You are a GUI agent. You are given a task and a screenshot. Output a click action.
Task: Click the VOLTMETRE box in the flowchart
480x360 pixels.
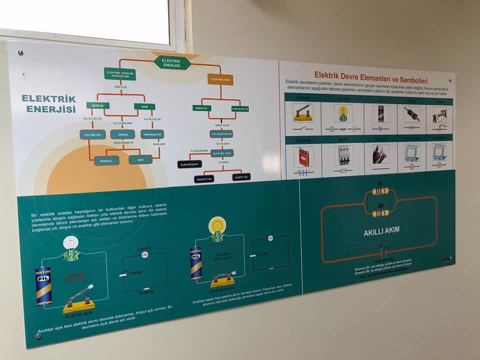92,134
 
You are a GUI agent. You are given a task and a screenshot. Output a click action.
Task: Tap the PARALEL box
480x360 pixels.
106,160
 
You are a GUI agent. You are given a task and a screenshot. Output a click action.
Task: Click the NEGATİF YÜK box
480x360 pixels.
204,178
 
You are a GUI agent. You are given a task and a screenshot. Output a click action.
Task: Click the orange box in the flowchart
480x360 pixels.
220,79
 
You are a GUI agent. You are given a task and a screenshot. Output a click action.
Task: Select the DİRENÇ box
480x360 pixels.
122,134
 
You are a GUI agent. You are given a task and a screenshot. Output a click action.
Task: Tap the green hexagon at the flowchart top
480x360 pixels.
172,63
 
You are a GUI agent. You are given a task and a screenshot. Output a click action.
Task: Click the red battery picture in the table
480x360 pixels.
303,157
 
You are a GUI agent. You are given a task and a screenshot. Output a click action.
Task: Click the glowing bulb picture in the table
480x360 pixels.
343,113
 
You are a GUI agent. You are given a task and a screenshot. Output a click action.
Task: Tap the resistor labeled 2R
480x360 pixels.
380,213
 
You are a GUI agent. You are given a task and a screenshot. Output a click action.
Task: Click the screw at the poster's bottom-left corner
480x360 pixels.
38,336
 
